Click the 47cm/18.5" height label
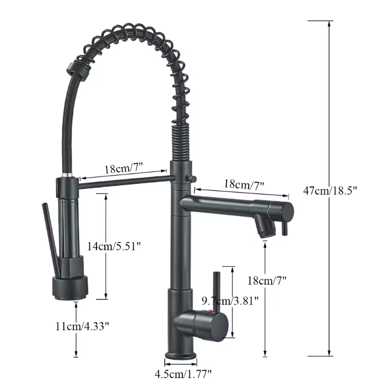(330, 191)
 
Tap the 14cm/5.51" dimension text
(114, 246)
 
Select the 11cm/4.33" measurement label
(82, 326)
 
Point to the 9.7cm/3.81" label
(230, 301)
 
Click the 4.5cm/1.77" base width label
(183, 374)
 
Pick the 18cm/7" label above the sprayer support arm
(124, 168)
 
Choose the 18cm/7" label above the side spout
(244, 184)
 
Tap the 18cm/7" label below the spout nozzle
(267, 280)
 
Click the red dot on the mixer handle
(210, 311)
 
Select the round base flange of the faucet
(181, 356)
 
